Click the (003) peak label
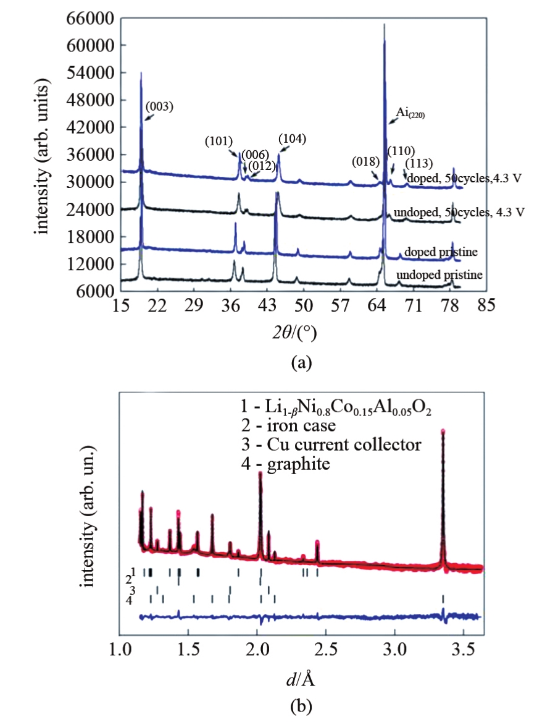click(x=160, y=106)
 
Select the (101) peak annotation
click(x=219, y=142)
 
